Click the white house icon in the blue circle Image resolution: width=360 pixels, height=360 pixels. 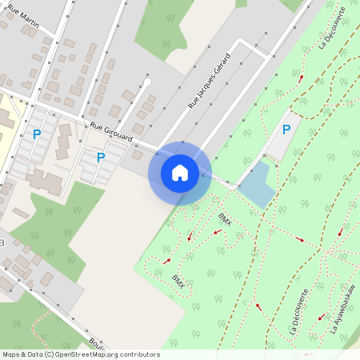coord(180,172)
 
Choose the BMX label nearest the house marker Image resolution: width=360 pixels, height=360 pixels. coord(224,218)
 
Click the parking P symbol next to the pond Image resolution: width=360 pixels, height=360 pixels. coord(286,130)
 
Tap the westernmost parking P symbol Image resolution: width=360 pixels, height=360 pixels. coord(36,135)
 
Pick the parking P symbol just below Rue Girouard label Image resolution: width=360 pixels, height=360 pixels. coord(100,158)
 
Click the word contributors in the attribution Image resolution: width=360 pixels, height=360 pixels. coord(140,354)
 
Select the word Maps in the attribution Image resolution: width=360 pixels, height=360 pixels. coord(11,354)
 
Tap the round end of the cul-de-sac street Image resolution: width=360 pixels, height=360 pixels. coord(147,81)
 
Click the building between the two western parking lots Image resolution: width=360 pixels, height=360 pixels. coord(62,143)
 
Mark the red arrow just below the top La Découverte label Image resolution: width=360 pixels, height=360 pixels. coord(301,78)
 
